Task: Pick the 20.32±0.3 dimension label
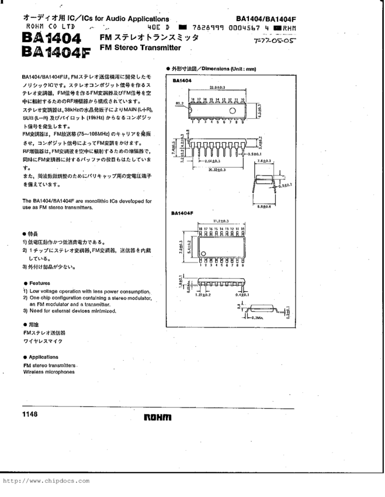pos(216,170)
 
